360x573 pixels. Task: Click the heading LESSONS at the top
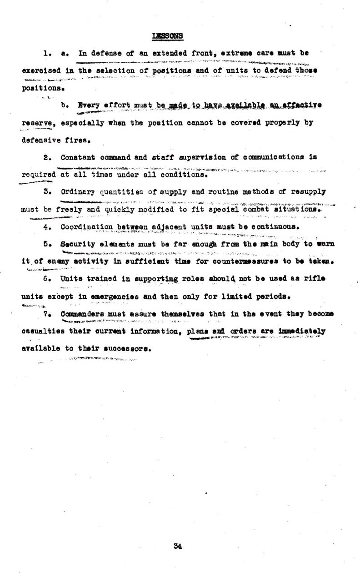click(168, 35)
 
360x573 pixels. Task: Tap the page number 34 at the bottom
click(178, 546)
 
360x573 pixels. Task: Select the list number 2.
click(46, 157)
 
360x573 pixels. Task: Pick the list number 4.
click(46, 226)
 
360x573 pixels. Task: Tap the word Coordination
click(86, 226)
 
